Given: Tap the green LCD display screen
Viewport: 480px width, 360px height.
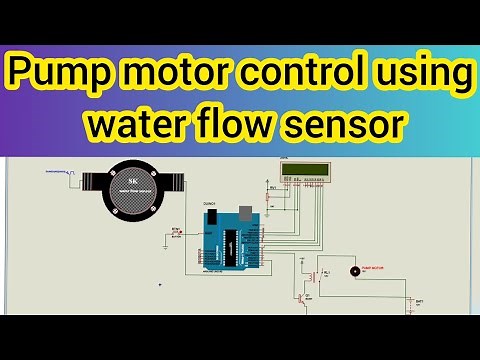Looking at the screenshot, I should (306, 170).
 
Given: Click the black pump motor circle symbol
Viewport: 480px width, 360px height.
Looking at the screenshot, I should (352, 271).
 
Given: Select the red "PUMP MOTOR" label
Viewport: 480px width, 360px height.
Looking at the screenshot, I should (372, 268).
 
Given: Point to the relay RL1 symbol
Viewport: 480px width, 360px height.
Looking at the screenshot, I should (318, 275).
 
